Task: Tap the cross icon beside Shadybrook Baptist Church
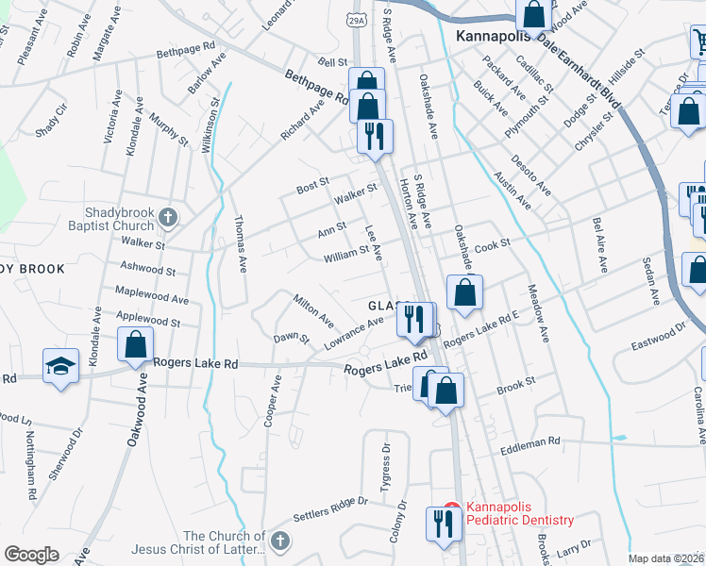[x=168, y=219]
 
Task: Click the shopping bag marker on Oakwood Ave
[x=135, y=346]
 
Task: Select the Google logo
[x=31, y=555]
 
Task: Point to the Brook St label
[x=515, y=383]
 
